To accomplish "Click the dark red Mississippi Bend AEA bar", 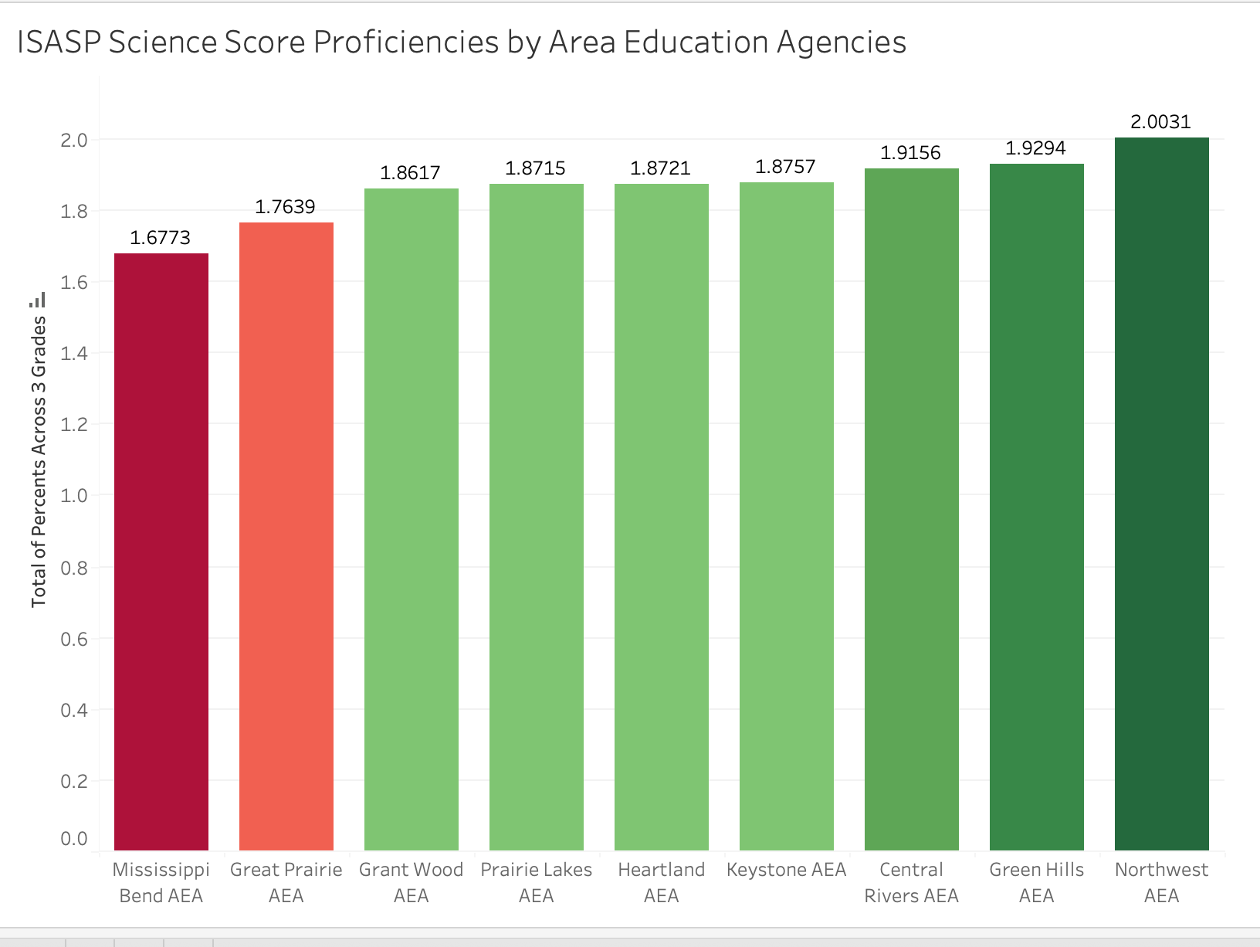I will [x=161, y=552].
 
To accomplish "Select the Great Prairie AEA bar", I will [x=286, y=536].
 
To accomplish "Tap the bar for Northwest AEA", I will [x=1161, y=494].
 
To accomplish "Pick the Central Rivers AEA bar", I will [x=911, y=509].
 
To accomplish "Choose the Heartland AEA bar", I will [x=661, y=517].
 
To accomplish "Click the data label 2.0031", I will [x=1160, y=122].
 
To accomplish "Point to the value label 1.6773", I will [x=160, y=238].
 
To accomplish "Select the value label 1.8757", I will [x=785, y=167].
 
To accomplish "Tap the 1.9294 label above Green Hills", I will [x=1035, y=148].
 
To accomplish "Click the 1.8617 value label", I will [x=410, y=173].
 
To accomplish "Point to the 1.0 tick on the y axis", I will [x=74, y=495].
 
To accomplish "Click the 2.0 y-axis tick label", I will [x=74, y=140].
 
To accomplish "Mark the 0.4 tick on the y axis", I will [x=74, y=710].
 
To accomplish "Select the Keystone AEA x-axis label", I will [x=786, y=870].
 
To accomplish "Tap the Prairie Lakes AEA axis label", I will [x=536, y=882].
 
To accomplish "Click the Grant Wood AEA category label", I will [x=411, y=882].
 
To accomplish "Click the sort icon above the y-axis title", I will [x=39, y=300].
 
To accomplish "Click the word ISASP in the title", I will [x=59, y=42].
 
